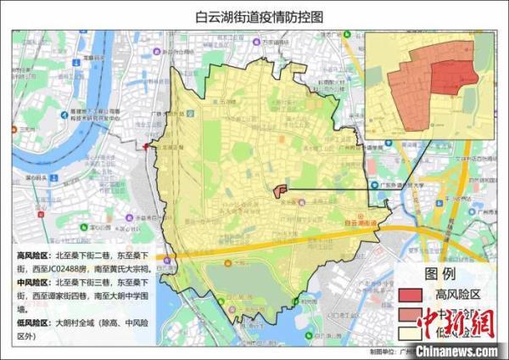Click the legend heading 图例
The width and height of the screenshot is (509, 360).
point(441,274)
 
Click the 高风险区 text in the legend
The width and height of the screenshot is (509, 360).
point(459,295)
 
